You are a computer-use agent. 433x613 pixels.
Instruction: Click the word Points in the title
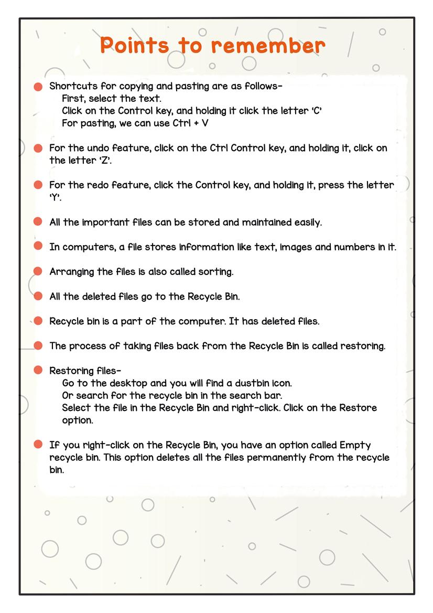click(134, 45)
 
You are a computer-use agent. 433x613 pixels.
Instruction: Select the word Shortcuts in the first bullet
click(73, 86)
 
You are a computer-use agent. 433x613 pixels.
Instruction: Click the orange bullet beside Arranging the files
click(38, 271)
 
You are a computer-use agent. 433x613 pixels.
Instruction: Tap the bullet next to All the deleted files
click(38, 296)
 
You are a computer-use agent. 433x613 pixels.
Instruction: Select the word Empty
click(355, 445)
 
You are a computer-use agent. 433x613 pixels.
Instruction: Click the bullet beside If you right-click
click(38, 445)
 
